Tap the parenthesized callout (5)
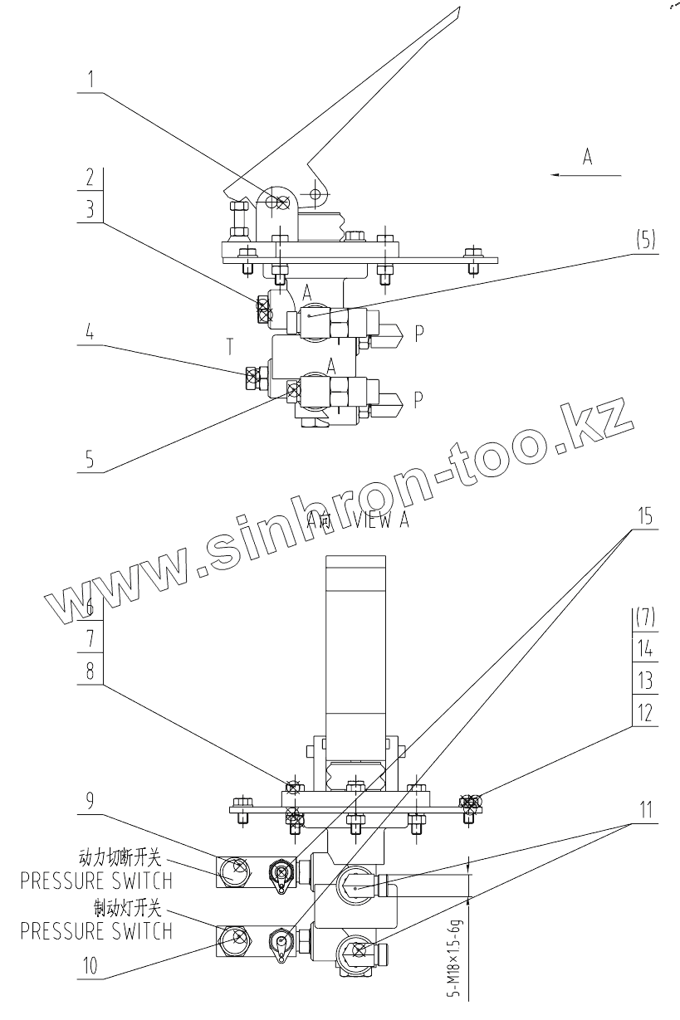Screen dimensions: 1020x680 (x=645, y=241)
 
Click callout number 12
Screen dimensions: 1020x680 (x=645, y=712)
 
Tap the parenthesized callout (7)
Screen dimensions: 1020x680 (x=645, y=618)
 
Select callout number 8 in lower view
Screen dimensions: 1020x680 (x=91, y=671)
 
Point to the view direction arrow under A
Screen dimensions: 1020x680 (x=587, y=175)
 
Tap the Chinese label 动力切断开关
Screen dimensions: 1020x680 (x=125, y=856)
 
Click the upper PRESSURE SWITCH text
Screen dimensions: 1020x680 (x=96, y=880)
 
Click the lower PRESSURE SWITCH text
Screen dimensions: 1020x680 (x=96, y=931)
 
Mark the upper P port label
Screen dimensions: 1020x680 (x=420, y=332)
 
